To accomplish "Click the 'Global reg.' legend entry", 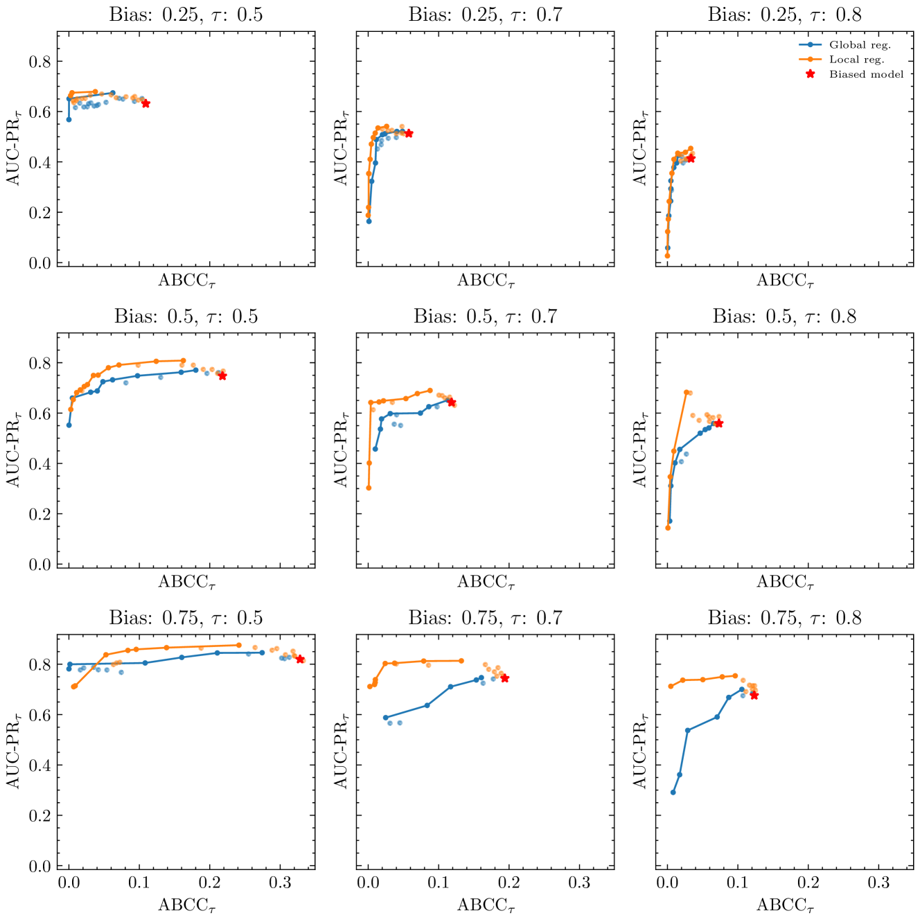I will pos(860,45).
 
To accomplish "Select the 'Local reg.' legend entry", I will pos(856,60).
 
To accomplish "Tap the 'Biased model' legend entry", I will pos(866,74).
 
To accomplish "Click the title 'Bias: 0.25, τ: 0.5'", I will pos(186,15).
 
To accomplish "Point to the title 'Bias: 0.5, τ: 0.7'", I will pos(485,317).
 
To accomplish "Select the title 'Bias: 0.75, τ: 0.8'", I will pos(784,618).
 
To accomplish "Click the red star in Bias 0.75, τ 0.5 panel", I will pos(300,660).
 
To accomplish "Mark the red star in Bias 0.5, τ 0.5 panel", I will pos(222,375).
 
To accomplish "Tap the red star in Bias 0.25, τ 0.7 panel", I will pos(409,133).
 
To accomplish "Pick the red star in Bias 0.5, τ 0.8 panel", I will pos(718,423).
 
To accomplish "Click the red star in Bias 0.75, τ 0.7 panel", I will pos(504,678).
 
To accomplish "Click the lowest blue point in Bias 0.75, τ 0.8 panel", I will pos(673,792).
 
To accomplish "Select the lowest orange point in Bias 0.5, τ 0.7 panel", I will pos(369,488).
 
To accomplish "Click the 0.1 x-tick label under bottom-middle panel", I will pos(439,883).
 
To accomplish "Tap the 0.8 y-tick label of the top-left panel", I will pos(39,62).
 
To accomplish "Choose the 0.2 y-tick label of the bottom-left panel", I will pos(39,815).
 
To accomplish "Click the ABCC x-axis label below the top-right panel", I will pos(784,281).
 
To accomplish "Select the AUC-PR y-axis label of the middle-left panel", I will pos(15,451).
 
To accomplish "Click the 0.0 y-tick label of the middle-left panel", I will pos(39,565).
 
